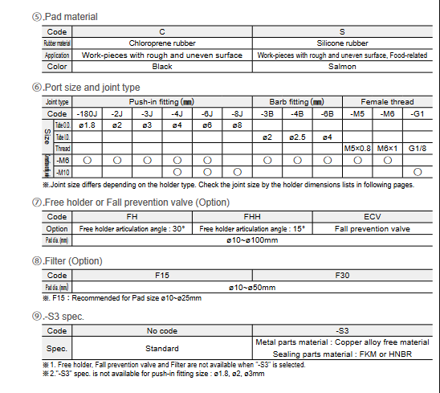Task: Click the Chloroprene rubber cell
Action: (x=162, y=43)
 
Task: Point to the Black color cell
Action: (x=162, y=67)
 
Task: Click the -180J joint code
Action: (x=86, y=113)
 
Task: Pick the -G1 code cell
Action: (x=417, y=113)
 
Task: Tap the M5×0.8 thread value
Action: (x=358, y=148)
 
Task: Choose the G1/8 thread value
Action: (x=417, y=148)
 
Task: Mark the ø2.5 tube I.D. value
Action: (x=297, y=137)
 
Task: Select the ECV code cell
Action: (x=373, y=217)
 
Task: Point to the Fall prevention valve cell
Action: (x=373, y=228)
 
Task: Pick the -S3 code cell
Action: (x=343, y=330)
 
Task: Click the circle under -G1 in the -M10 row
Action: (x=417, y=171)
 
